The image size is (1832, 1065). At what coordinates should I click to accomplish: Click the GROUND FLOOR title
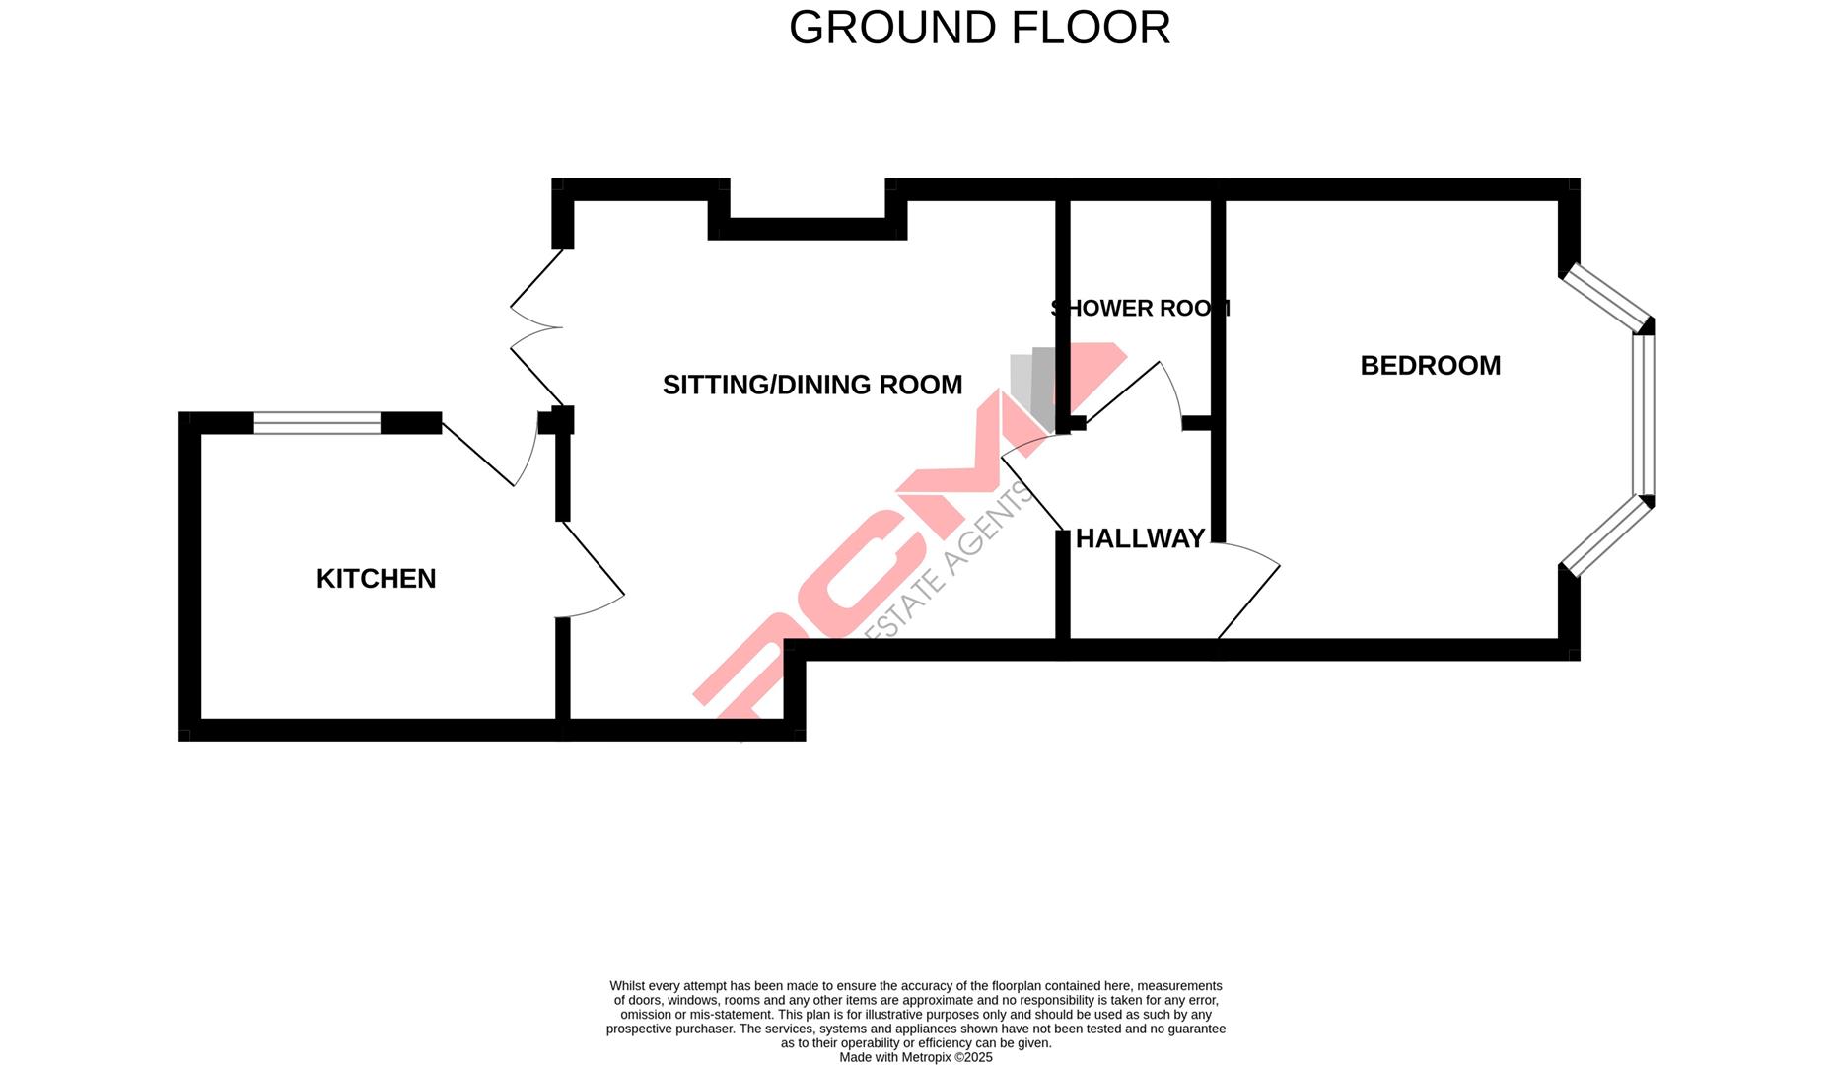point(979,28)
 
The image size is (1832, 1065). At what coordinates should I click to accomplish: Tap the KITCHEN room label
point(376,579)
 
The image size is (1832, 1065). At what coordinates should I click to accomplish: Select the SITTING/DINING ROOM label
point(811,385)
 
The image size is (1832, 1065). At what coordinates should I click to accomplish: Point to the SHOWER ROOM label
point(1140,308)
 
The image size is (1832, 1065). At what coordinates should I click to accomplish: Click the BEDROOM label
point(1430,366)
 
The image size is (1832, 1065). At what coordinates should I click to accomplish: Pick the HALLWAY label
point(1140,538)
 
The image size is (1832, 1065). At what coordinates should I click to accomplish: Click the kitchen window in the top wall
point(317,423)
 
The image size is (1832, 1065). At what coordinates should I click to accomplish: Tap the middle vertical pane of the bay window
point(1643,415)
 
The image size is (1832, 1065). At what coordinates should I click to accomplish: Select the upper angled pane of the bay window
point(1606,297)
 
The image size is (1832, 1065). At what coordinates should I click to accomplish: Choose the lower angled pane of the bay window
point(1606,535)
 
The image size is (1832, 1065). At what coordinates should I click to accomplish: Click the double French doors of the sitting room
point(533,327)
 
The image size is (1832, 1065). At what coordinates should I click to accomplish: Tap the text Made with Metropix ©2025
point(915,1057)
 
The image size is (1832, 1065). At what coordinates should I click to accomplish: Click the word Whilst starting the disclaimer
point(627,986)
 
